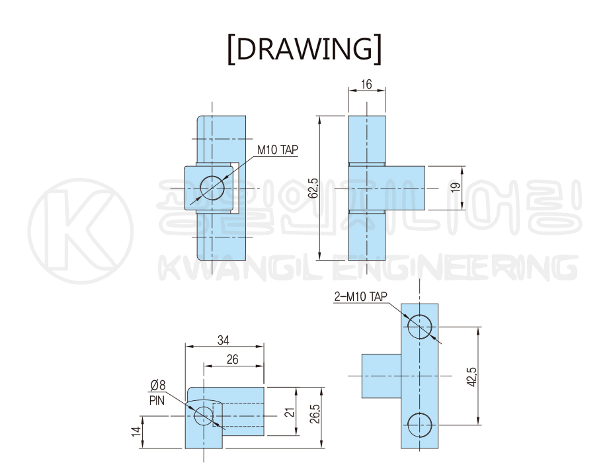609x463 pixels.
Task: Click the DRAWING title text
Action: point(304,49)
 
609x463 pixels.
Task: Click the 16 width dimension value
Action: point(366,84)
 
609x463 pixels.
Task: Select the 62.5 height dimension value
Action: point(313,188)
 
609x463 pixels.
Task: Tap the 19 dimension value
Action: point(456,187)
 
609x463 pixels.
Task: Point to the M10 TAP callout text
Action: point(278,149)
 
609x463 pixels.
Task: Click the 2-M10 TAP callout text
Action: point(361,296)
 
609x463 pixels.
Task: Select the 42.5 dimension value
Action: point(471,376)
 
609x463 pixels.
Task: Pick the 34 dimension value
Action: point(223,340)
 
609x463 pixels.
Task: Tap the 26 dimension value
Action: point(232,359)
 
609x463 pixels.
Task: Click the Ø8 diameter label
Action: point(158,385)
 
